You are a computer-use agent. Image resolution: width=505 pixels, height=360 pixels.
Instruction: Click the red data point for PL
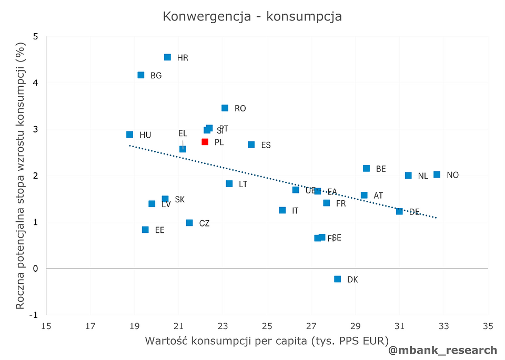(x=205, y=142)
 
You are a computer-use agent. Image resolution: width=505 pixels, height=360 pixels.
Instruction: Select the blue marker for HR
(x=167, y=57)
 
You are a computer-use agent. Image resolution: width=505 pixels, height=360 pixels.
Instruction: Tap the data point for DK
(x=338, y=279)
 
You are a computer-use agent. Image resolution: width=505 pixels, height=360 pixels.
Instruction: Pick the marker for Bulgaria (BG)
(x=141, y=75)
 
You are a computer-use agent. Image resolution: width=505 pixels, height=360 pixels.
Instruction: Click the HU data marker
(x=130, y=135)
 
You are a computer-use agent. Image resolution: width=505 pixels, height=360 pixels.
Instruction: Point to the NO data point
(x=437, y=174)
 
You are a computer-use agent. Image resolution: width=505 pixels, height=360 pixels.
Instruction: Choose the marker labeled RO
(x=225, y=108)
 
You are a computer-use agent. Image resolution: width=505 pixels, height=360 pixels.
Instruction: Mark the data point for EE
(x=145, y=230)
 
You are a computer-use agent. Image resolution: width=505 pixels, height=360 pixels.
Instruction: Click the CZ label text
(x=205, y=223)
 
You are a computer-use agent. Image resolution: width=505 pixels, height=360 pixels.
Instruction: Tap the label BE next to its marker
(x=381, y=169)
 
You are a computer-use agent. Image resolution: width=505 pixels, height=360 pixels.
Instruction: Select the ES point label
(x=266, y=145)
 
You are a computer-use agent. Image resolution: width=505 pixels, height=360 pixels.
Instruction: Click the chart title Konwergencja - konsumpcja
(x=252, y=17)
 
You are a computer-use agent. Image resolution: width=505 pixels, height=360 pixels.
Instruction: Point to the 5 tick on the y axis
(x=35, y=37)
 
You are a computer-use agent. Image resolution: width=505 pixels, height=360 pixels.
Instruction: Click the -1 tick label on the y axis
(x=33, y=315)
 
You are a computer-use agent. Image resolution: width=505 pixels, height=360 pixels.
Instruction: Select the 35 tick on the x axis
(x=488, y=326)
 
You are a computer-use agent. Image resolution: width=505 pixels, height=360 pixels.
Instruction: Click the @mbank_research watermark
(x=442, y=350)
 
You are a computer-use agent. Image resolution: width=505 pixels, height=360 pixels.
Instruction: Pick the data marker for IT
(x=282, y=210)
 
